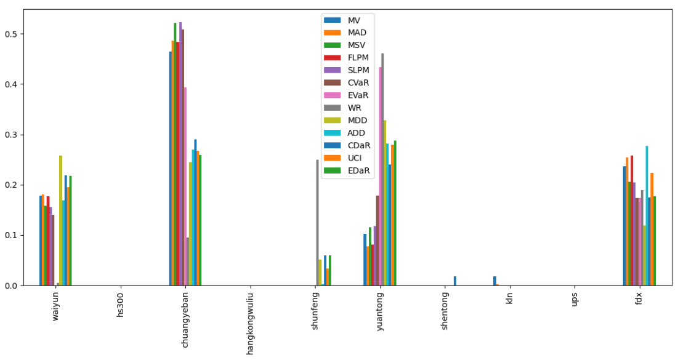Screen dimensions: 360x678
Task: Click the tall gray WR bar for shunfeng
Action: point(318,223)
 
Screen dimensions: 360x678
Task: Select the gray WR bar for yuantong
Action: point(382,169)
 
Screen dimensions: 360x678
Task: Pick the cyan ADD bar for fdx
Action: point(647,215)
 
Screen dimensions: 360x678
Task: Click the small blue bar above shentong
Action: point(455,281)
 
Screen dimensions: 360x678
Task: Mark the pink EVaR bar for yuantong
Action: point(380,176)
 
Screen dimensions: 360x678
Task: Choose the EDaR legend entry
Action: point(358,170)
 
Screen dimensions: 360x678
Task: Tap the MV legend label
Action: point(354,20)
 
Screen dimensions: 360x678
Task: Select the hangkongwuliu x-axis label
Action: point(250,324)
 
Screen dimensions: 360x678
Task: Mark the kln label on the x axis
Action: point(509,301)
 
